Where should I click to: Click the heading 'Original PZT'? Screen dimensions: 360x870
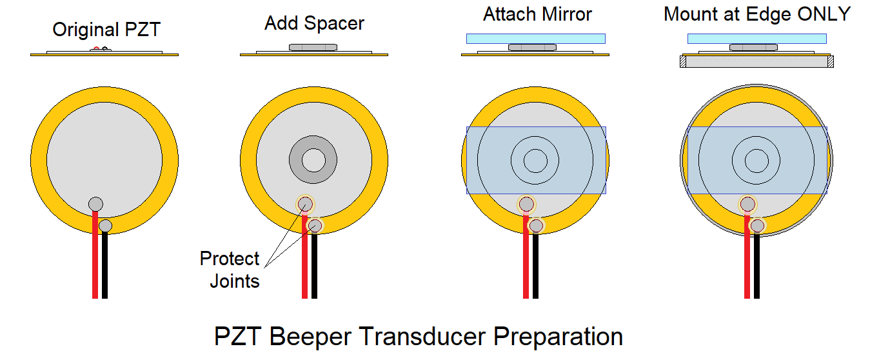pos(106,30)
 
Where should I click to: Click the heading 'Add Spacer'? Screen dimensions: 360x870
pos(314,24)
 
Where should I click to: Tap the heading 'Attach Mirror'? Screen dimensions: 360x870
pos(537,14)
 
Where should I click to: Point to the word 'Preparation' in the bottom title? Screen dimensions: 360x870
pos(555,337)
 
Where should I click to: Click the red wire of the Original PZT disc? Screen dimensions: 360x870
pos(95,258)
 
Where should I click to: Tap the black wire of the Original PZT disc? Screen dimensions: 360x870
pos(104,265)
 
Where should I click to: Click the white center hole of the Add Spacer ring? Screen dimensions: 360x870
pos(313,160)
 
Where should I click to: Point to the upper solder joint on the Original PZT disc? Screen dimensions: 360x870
pos(95,204)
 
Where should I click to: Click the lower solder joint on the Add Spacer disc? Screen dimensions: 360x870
pos(315,225)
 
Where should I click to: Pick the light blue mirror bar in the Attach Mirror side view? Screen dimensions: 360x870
pos(536,39)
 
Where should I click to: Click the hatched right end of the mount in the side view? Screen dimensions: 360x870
pos(830,62)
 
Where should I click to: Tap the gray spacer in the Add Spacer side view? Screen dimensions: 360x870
pos(313,47)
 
